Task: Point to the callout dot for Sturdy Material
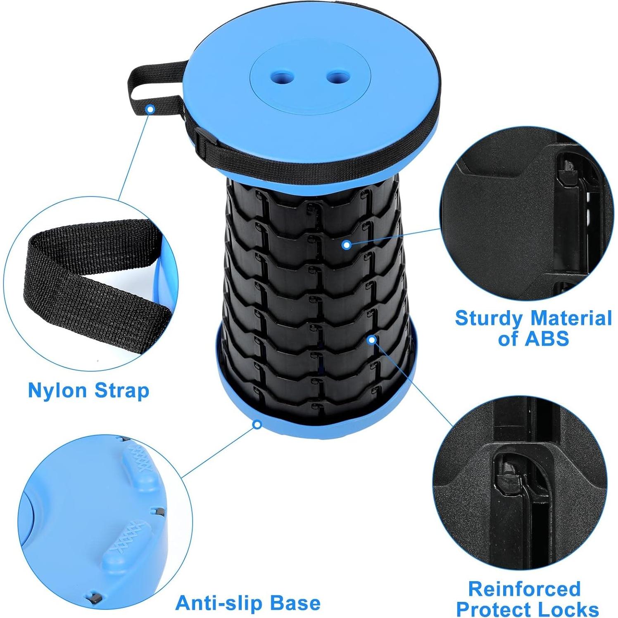click(347, 245)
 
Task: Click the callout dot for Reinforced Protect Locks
click(372, 340)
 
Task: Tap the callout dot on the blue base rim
click(257, 424)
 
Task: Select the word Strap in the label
click(121, 390)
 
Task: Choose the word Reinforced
click(524, 589)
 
